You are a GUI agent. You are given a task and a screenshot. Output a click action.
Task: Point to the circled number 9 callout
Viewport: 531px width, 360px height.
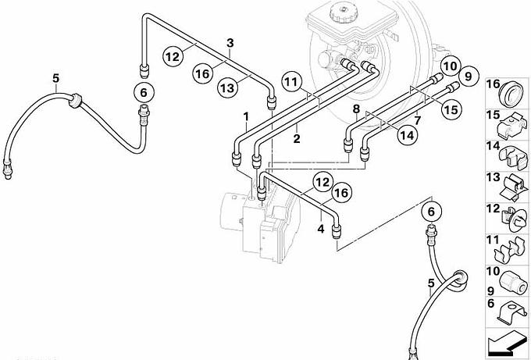coord(468,77)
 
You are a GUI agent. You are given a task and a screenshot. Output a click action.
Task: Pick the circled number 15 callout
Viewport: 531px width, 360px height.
coord(451,110)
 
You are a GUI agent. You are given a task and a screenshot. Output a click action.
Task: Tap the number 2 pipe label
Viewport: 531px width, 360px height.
coord(296,139)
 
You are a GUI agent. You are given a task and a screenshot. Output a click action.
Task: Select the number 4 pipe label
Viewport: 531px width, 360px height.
coord(320,229)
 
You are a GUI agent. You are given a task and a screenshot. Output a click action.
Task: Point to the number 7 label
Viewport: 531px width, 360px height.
coord(418,121)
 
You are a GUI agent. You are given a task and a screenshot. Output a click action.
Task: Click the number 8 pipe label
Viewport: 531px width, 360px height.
coord(355,109)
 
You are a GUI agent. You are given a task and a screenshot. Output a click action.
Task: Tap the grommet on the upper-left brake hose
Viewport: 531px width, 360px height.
coord(77,102)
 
